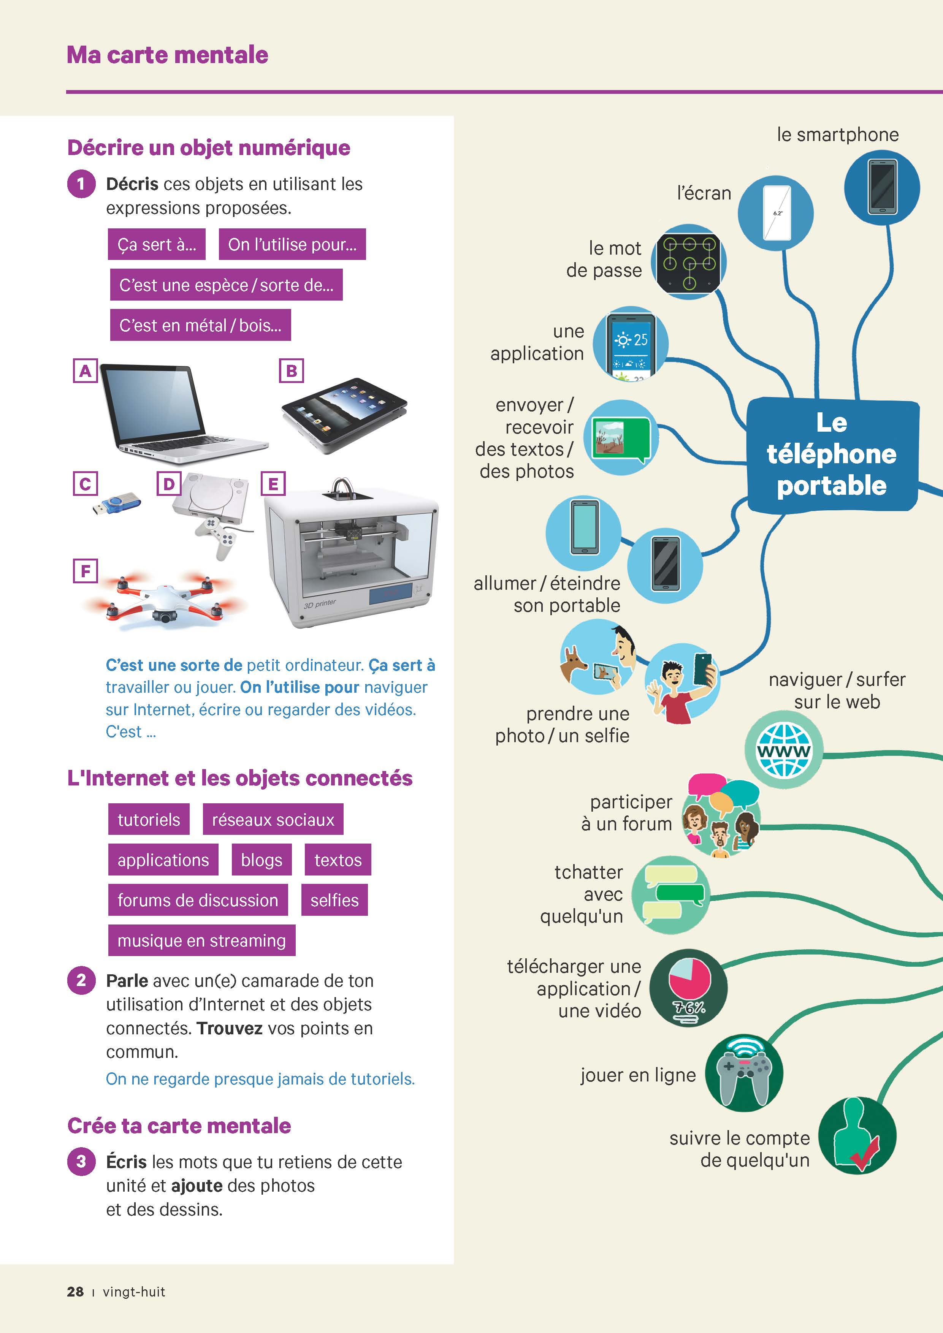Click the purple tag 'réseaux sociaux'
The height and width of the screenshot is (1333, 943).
[273, 819]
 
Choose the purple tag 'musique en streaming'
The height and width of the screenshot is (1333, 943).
[201, 940]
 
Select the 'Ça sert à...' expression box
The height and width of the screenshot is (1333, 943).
[157, 244]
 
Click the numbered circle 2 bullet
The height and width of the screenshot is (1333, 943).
[81, 981]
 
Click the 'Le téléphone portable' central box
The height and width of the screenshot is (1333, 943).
[832, 454]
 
